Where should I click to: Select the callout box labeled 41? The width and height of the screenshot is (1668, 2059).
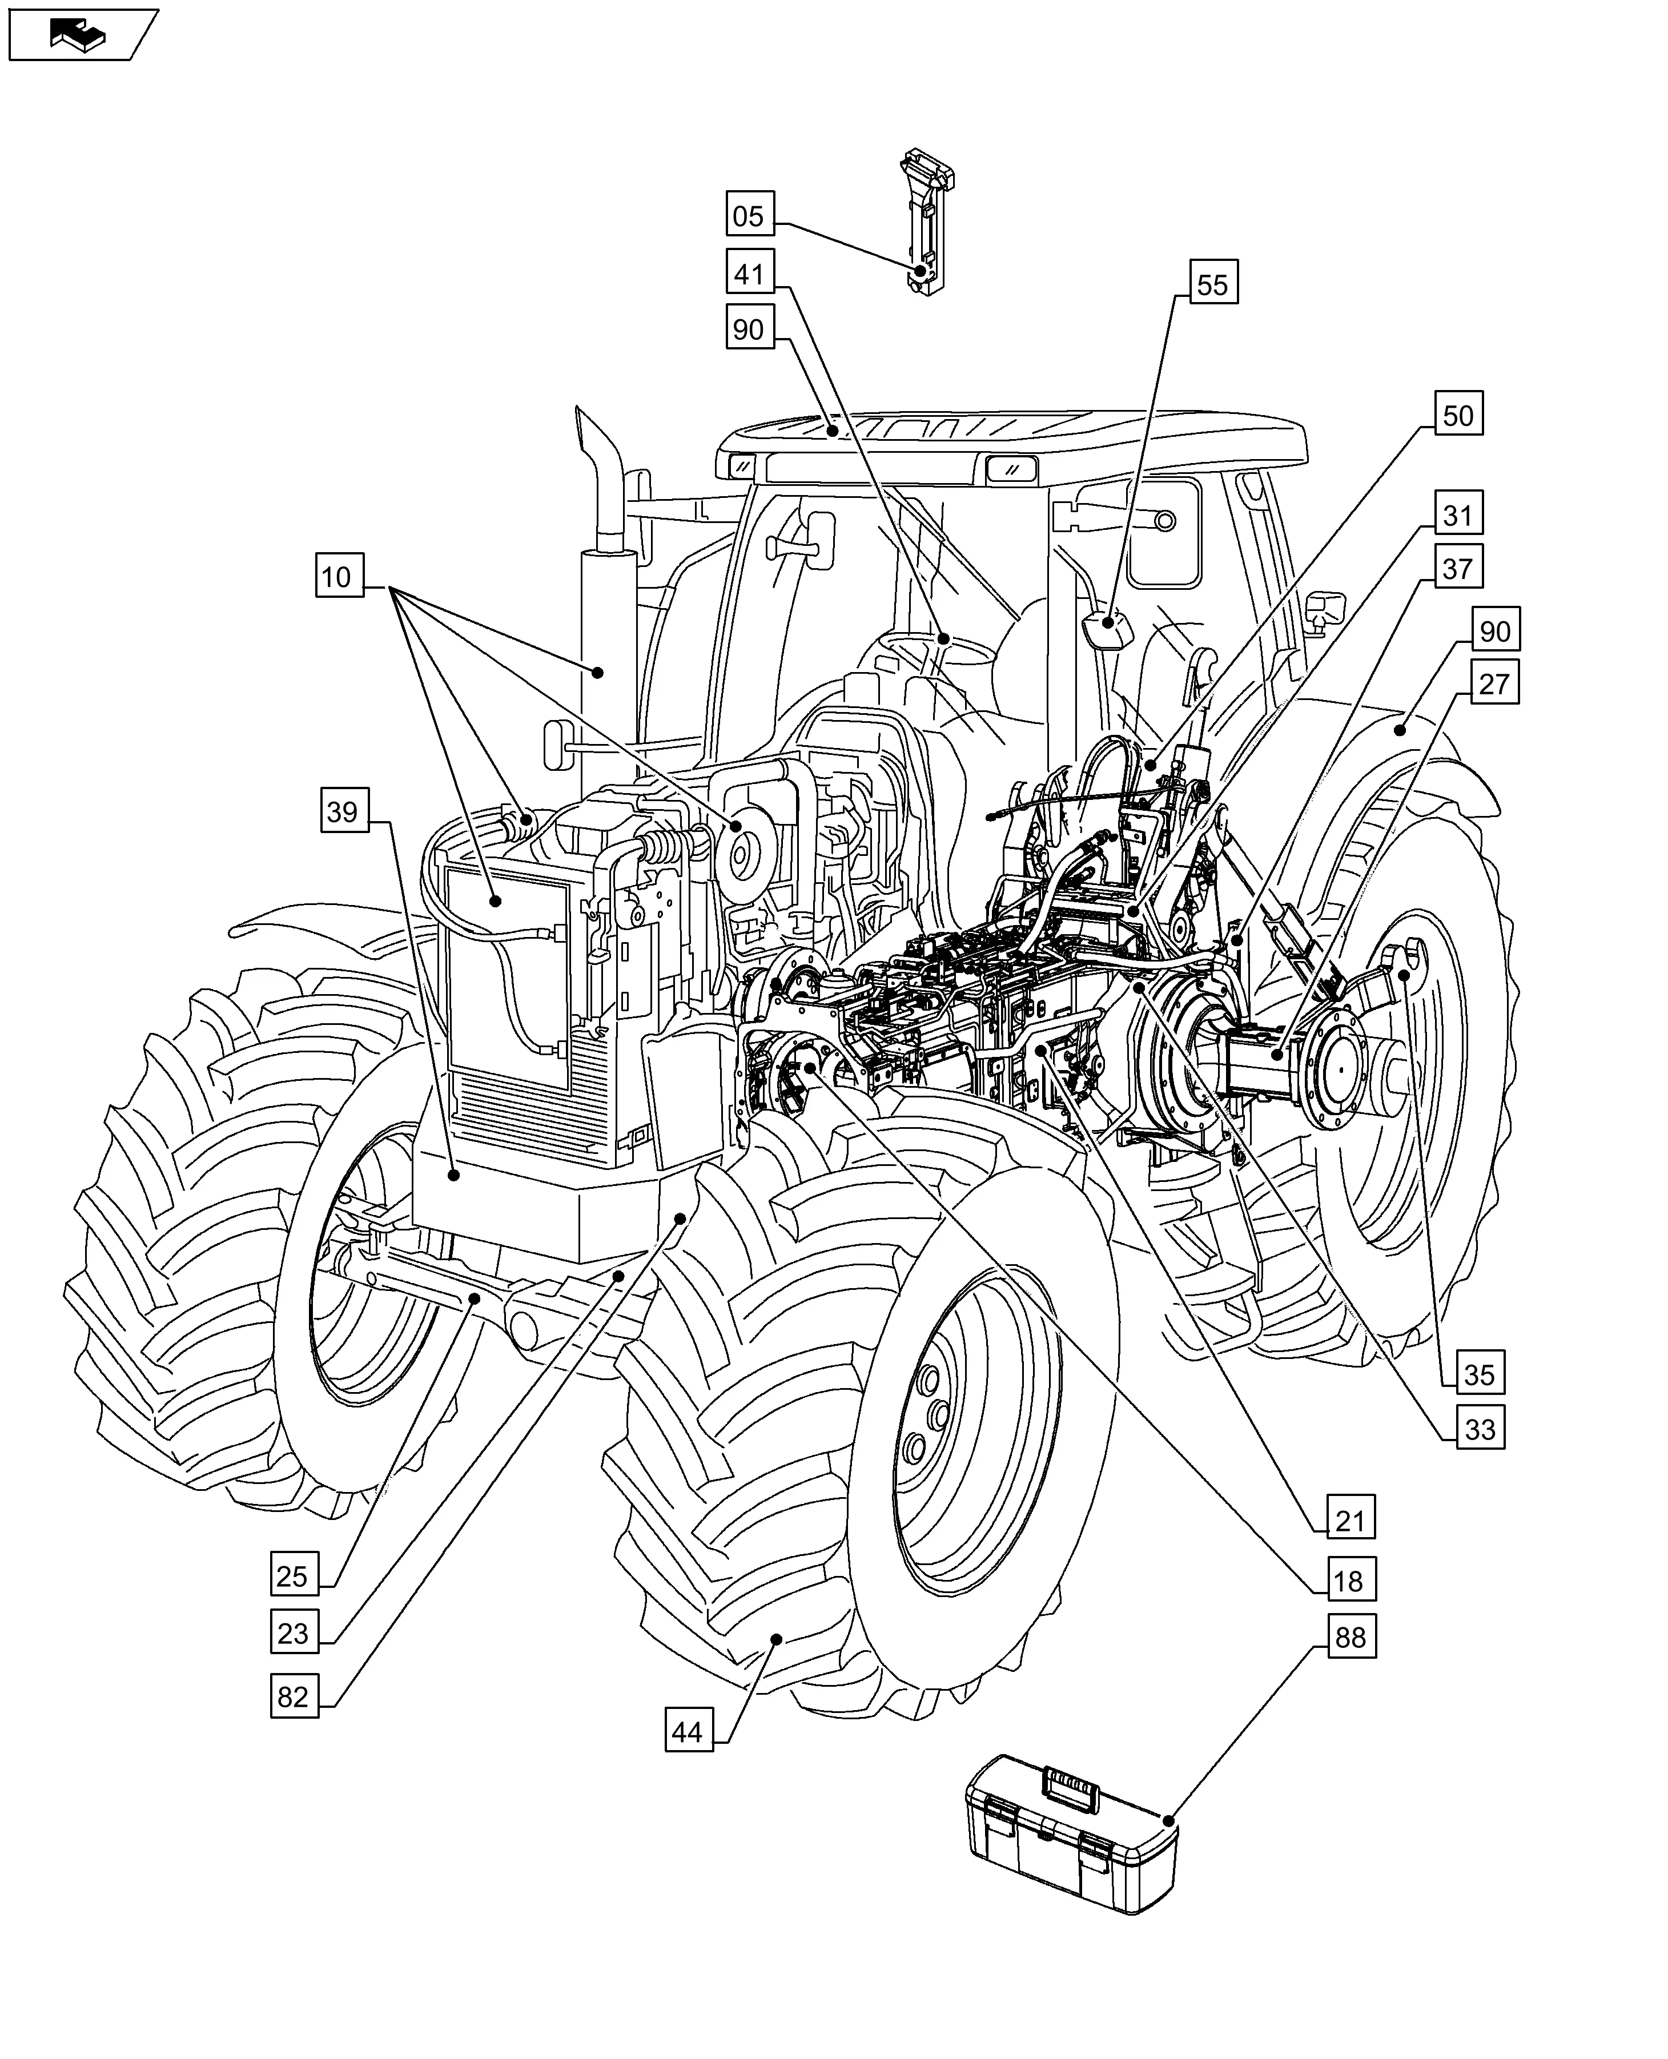click(749, 275)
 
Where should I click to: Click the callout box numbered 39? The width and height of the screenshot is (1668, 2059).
click(343, 812)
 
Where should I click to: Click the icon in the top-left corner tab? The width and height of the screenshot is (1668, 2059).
click(81, 35)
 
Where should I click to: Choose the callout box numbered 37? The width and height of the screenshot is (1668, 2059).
click(1458, 569)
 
